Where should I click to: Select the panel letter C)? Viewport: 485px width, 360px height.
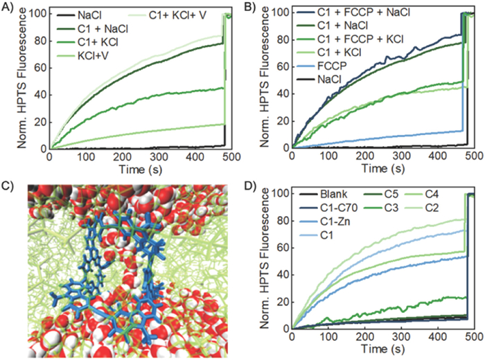[9, 185]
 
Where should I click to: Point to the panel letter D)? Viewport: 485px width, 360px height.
[252, 185]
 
